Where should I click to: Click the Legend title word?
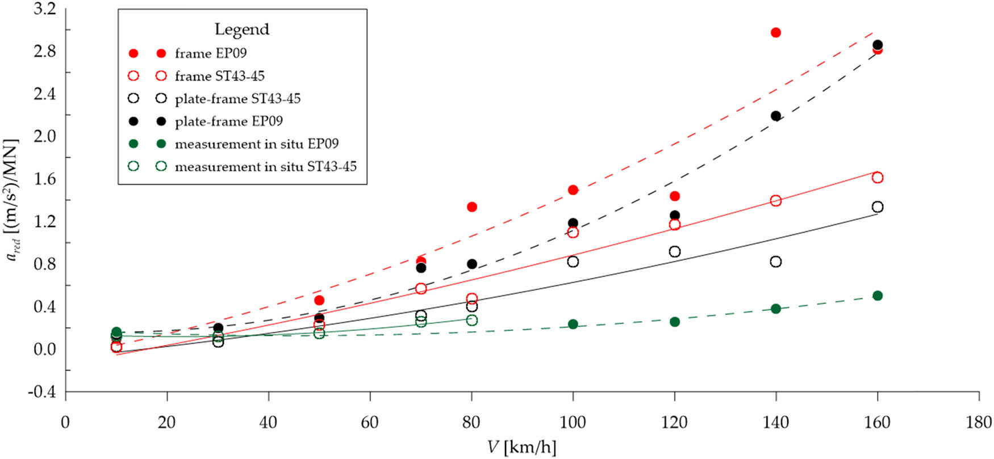pos(241,30)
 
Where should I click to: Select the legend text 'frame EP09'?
pos(211,53)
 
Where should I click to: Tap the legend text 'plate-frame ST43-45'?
pos(237,99)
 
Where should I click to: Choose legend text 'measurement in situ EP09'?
pos(256,144)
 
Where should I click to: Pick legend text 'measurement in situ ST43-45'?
pos(265,167)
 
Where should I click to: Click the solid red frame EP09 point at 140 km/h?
pos(776,33)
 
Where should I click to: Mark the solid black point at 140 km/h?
pos(776,116)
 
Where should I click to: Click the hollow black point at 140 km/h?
pos(776,262)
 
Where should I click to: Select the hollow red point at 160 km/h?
pos(878,178)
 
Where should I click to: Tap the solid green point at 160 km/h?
pos(878,296)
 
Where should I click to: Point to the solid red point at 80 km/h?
pos(471,207)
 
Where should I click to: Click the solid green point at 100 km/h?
pos(573,324)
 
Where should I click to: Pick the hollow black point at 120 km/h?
pos(675,252)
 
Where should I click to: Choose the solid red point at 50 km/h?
pos(319,300)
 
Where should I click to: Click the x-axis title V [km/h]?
pos(522,447)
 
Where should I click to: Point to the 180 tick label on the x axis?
pos(979,423)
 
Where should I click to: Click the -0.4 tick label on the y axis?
pos(45,391)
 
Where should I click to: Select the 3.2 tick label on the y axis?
pos(45,9)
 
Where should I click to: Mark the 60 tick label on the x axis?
pos(370,423)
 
